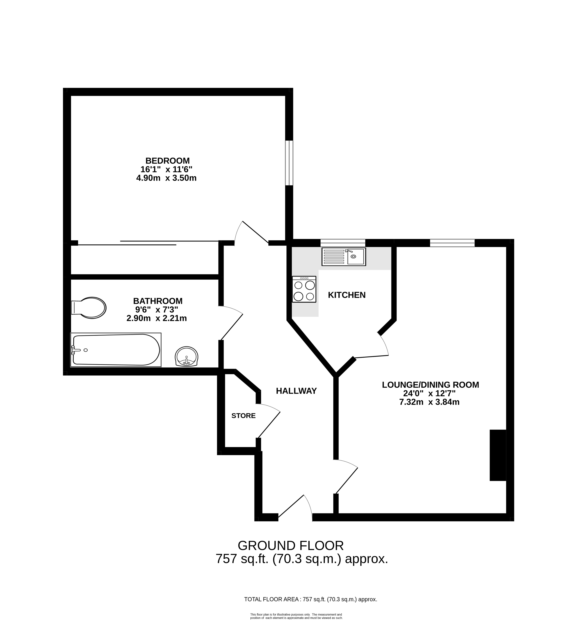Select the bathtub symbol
point(116,350)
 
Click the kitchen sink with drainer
point(344,257)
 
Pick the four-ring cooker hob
point(304,289)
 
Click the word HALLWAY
point(296,391)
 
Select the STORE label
point(243,416)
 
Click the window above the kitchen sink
point(343,243)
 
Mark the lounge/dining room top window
point(452,243)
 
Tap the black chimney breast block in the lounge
point(498,455)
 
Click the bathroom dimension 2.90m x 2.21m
point(157,318)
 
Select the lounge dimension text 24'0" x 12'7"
point(429,393)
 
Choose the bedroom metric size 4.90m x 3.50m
point(166,178)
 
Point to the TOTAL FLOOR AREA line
point(311,599)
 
